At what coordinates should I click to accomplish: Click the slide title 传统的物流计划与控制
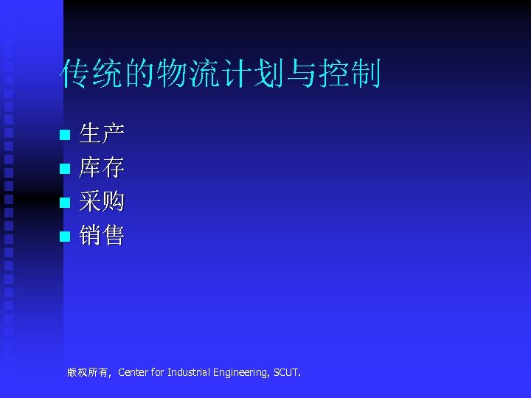[x=221, y=74]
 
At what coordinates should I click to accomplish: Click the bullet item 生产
[x=102, y=134]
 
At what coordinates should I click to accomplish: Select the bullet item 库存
[x=102, y=168]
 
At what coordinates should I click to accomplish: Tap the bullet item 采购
[x=102, y=201]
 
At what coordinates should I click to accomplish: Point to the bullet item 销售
[x=102, y=236]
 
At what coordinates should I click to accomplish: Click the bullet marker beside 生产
[x=65, y=136]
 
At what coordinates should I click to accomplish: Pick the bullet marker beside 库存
[x=65, y=170]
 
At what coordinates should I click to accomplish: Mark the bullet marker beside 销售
[x=65, y=237]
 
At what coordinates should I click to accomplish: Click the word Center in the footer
[x=133, y=373]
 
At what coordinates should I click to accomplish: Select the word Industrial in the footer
[x=189, y=373]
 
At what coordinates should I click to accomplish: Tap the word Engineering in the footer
[x=241, y=373]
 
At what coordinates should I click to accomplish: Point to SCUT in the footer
[x=286, y=373]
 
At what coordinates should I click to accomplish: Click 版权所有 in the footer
[x=87, y=373]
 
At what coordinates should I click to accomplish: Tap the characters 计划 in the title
[x=247, y=74]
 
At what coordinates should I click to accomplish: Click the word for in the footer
[x=157, y=373]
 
